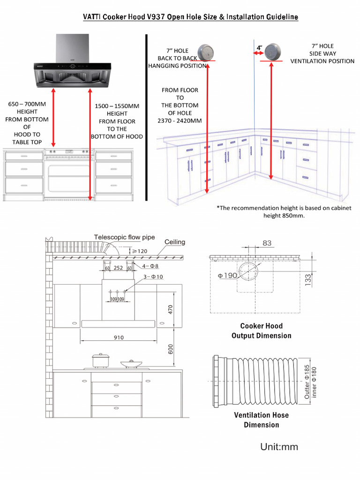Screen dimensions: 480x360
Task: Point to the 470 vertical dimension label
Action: [171, 309]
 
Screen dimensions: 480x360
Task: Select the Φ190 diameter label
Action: [227, 276]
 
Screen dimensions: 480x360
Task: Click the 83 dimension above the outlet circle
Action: [267, 243]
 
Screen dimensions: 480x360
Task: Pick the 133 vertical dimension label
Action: [308, 280]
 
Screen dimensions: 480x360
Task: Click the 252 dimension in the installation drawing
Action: [118, 268]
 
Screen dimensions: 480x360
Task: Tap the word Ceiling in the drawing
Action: [174, 242]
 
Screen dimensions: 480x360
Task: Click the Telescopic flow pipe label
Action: [124, 237]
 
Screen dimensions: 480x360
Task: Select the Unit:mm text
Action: [279, 447]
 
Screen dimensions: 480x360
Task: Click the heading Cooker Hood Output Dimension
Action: [261, 330]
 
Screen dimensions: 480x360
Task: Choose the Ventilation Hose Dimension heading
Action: [261, 420]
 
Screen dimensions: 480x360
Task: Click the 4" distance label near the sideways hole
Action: [259, 48]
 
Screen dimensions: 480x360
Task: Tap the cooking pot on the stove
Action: [100, 360]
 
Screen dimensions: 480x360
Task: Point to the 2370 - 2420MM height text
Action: [180, 120]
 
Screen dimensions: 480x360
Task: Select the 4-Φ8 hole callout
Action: [150, 266]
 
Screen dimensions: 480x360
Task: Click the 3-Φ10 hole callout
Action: [154, 277]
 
